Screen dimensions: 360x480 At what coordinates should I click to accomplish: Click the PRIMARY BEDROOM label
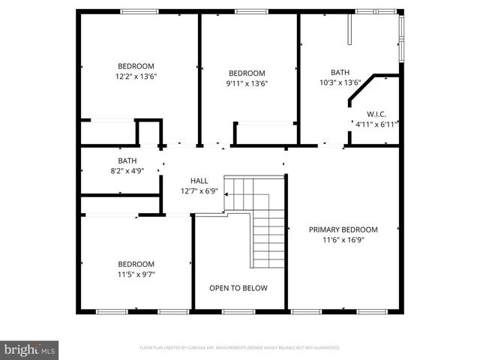pyautogui.click(x=343, y=229)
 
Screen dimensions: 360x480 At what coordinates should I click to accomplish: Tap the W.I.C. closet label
pyautogui.click(x=376, y=114)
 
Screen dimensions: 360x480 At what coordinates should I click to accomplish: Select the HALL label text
pyautogui.click(x=199, y=181)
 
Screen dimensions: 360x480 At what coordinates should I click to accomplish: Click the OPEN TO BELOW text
pyautogui.click(x=238, y=288)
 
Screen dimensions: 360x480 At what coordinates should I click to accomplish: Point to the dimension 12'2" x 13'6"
pyautogui.click(x=136, y=76)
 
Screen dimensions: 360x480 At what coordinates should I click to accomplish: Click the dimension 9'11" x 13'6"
pyautogui.click(x=248, y=83)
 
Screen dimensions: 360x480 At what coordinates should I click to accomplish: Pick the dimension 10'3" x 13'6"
pyautogui.click(x=340, y=82)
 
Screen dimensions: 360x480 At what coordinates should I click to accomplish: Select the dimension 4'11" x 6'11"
pyautogui.click(x=375, y=124)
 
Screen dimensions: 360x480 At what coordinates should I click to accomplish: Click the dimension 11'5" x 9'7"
pyautogui.click(x=136, y=274)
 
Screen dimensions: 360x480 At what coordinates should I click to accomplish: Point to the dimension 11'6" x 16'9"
pyautogui.click(x=343, y=240)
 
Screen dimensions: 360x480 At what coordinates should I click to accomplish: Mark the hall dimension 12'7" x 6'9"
pyautogui.click(x=199, y=191)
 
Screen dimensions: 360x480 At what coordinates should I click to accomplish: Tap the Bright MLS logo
pyautogui.click(x=30, y=349)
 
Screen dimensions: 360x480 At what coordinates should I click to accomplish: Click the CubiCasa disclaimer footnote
pyautogui.click(x=240, y=348)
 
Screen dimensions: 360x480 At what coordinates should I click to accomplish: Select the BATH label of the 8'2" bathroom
pyautogui.click(x=127, y=160)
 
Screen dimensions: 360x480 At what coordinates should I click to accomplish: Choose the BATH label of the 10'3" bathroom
pyautogui.click(x=340, y=73)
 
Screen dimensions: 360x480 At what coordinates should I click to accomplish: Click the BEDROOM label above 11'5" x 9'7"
pyautogui.click(x=136, y=264)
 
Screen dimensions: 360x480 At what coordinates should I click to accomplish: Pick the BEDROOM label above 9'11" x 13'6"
pyautogui.click(x=248, y=73)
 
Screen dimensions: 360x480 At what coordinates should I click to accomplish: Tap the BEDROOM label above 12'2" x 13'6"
pyautogui.click(x=136, y=65)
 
